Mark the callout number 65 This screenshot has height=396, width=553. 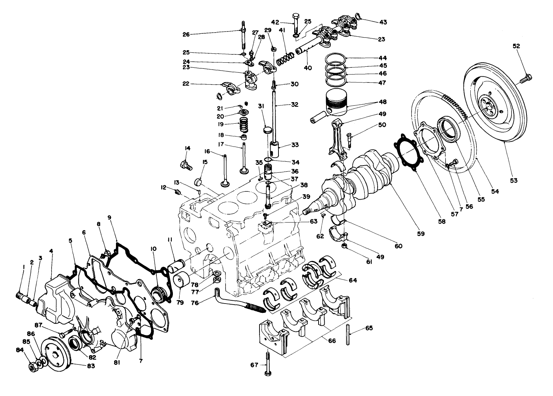(x=369, y=328)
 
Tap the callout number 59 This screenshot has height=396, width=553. (x=420, y=234)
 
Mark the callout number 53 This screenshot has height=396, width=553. (x=514, y=181)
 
